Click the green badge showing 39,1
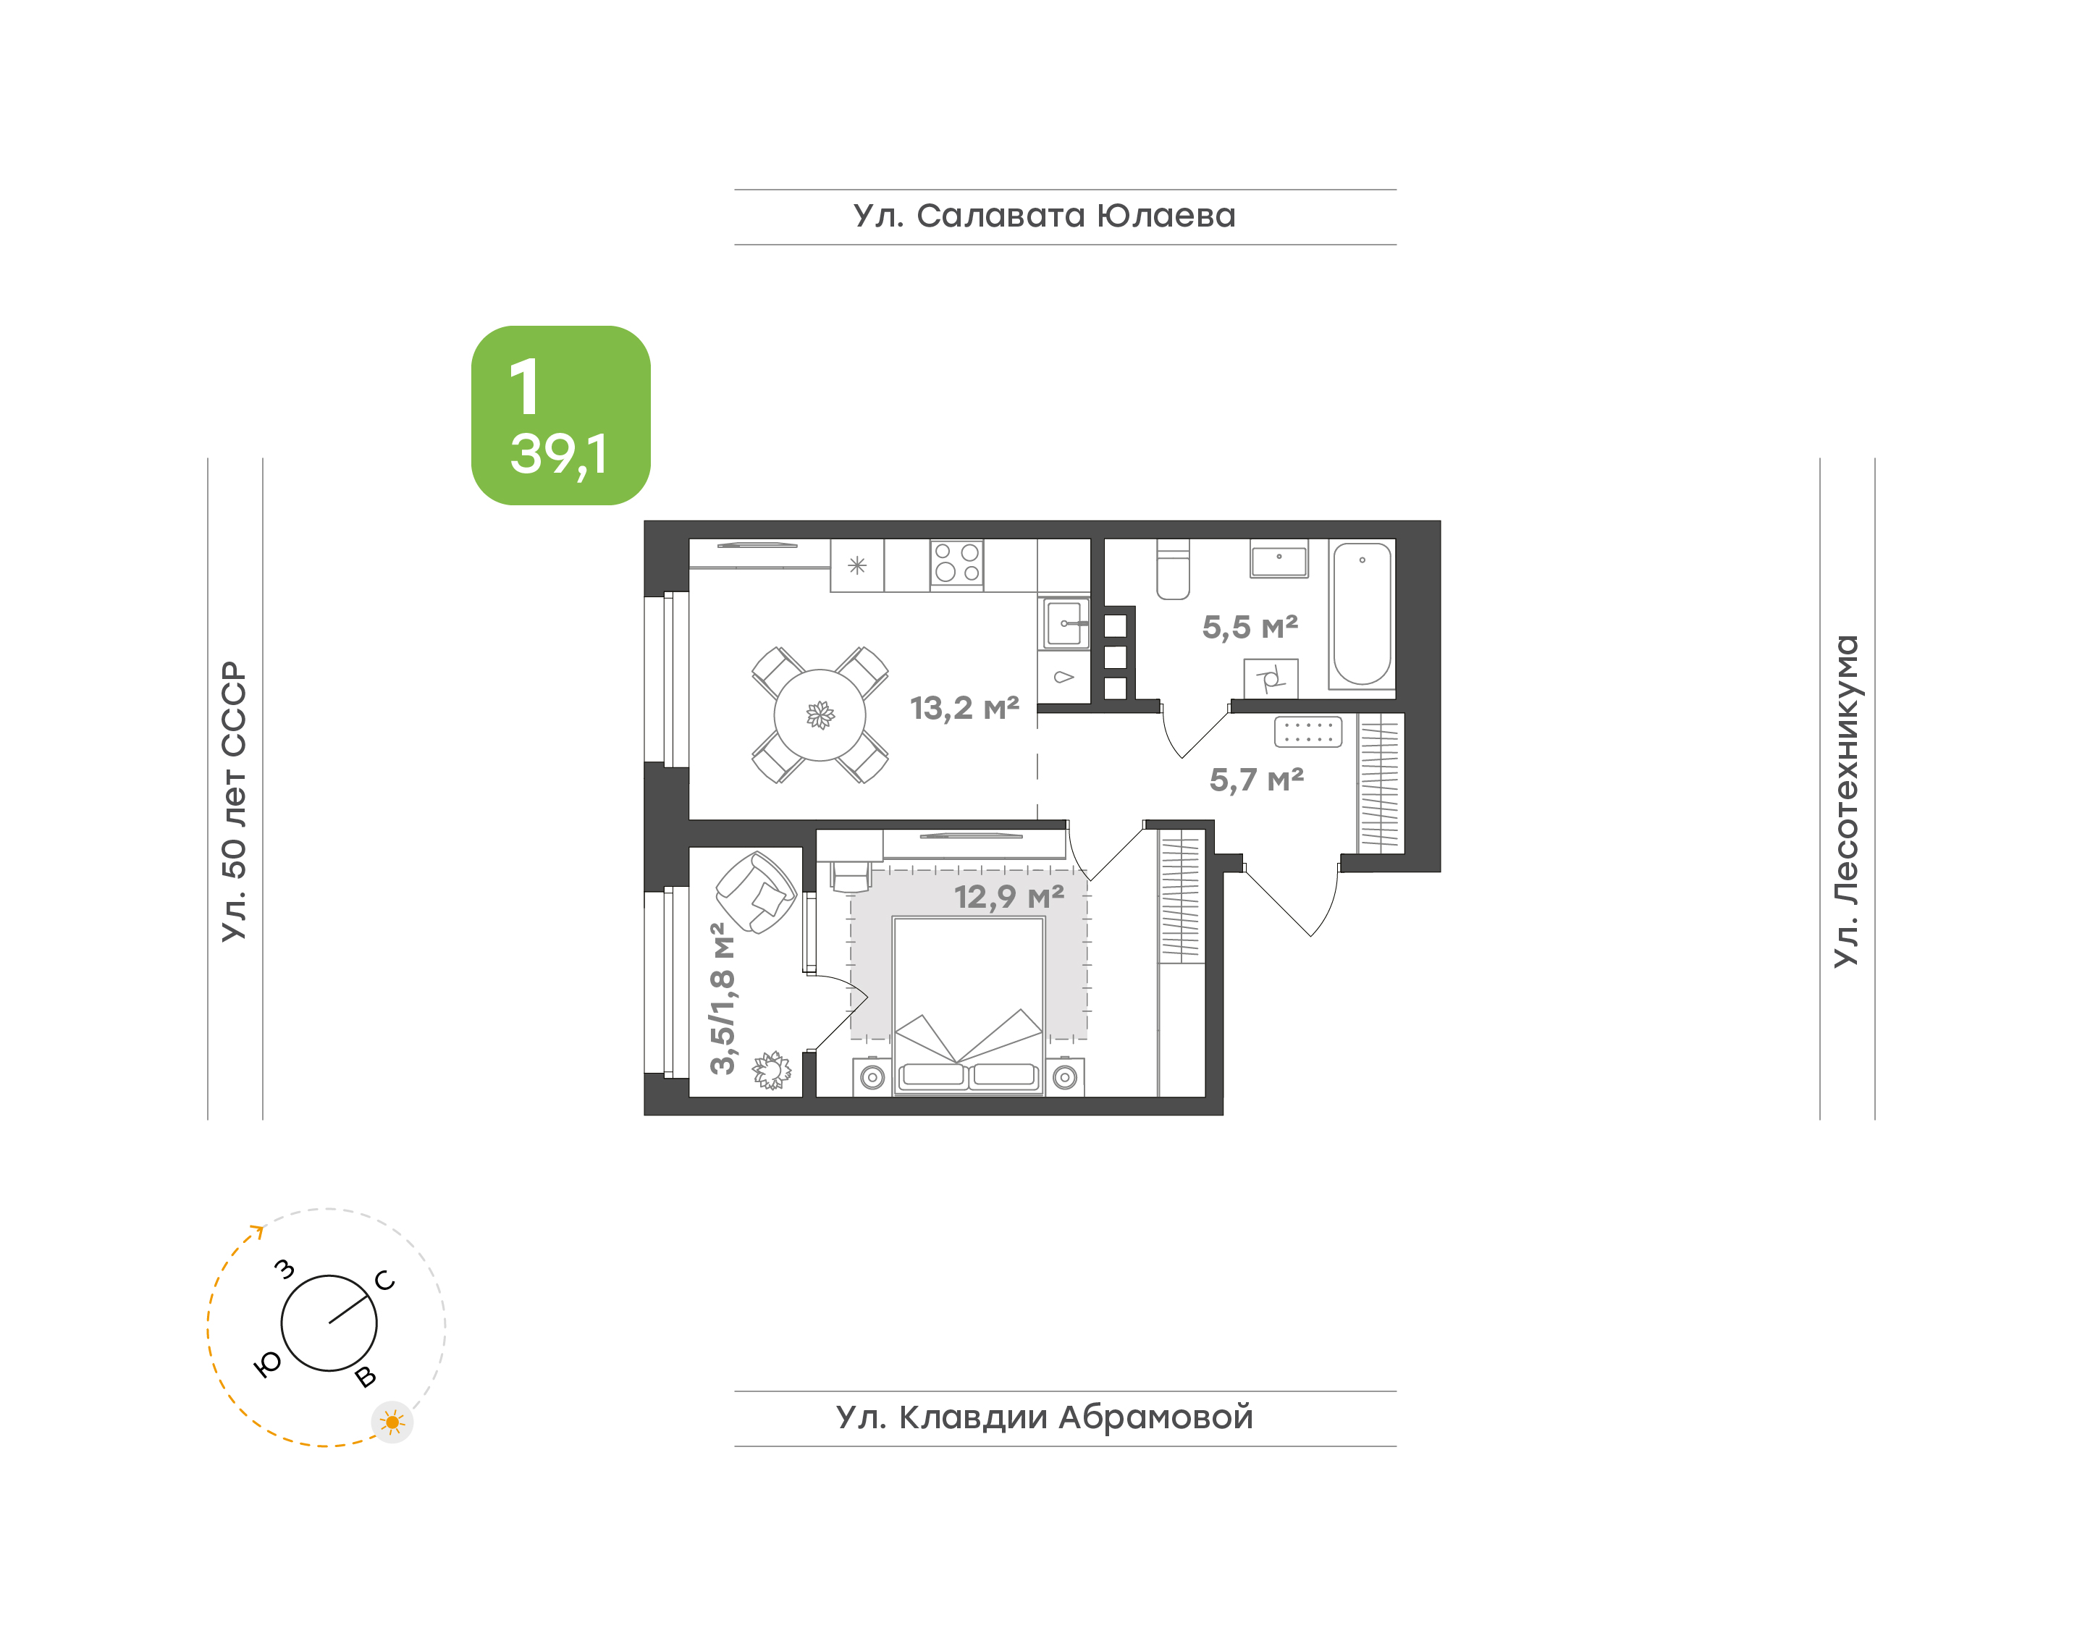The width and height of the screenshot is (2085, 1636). coord(560,415)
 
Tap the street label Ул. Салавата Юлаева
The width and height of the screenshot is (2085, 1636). coord(1044,216)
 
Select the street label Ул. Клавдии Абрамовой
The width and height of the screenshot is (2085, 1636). coord(1044,1417)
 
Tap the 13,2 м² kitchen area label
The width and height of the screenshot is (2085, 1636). coord(964,708)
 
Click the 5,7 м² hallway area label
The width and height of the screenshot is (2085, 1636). coord(1257,780)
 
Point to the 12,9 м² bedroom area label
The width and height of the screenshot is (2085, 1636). coord(1009,897)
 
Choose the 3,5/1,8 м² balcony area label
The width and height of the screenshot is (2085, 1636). coord(723,998)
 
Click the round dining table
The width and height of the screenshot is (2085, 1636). coord(820,714)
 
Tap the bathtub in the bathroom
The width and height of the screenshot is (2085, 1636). coord(1362,614)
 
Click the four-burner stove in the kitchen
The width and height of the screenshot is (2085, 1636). coord(957,563)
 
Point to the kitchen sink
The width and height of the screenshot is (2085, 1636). coord(1065,623)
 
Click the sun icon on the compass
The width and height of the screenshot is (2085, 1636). coord(392,1422)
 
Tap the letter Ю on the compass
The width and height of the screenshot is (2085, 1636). coord(268,1364)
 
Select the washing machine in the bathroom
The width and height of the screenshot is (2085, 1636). coord(1271,679)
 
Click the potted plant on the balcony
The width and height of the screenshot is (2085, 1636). coord(771,1070)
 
